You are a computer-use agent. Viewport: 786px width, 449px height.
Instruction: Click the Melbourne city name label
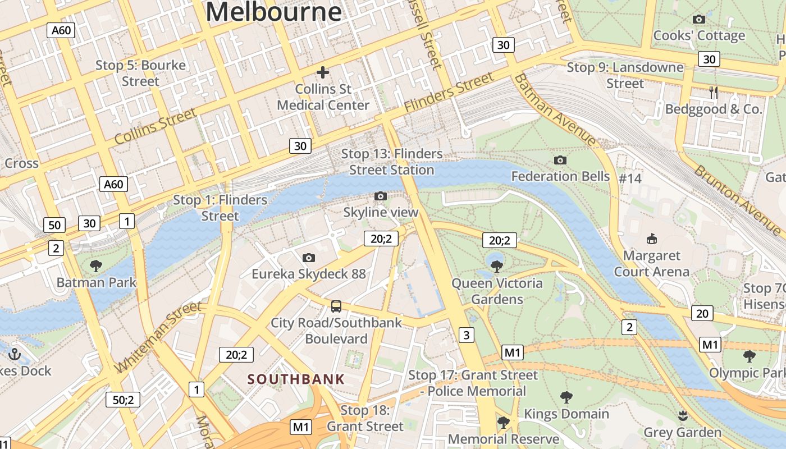(x=273, y=11)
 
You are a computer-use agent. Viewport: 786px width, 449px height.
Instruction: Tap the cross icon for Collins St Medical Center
(x=323, y=72)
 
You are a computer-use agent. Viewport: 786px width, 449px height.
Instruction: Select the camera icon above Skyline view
(x=381, y=196)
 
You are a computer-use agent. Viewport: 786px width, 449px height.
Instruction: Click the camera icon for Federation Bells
(x=560, y=160)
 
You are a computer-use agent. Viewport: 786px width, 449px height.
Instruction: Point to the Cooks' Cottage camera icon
(x=699, y=20)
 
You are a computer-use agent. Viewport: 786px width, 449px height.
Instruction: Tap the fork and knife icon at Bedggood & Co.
(x=714, y=93)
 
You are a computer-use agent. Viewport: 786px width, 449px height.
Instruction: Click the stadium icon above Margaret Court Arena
(x=651, y=239)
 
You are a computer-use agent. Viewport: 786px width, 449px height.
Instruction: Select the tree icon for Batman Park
(x=96, y=265)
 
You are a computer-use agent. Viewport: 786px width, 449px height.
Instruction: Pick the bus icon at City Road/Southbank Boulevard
(x=336, y=306)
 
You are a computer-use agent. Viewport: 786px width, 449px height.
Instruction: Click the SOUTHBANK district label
(x=296, y=379)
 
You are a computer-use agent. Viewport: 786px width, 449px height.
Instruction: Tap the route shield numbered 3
(x=466, y=335)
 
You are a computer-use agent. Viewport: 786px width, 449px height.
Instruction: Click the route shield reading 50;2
(x=123, y=400)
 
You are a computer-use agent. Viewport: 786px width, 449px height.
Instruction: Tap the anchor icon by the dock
(x=15, y=354)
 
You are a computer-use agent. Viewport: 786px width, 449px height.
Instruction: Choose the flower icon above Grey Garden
(x=682, y=416)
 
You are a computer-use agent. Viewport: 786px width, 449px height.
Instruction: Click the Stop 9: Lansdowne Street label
(x=625, y=75)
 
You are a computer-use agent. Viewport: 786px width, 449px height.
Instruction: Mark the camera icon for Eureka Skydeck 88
(x=308, y=258)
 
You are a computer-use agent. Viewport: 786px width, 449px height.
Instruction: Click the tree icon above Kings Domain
(x=566, y=397)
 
